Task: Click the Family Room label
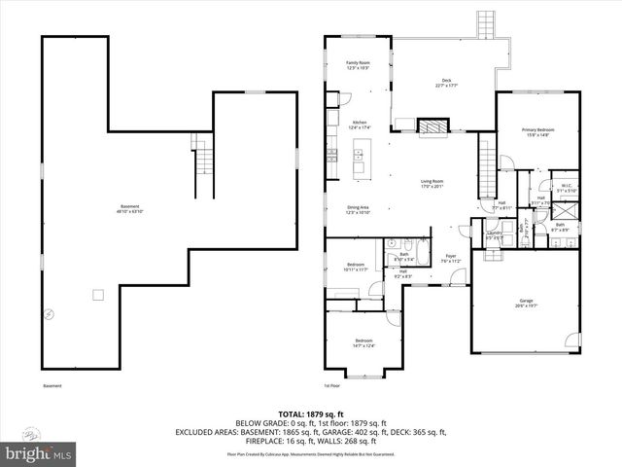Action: (358, 65)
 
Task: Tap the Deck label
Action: (446, 83)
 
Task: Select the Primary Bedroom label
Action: (537, 132)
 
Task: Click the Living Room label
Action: (432, 184)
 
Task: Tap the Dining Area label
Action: (359, 209)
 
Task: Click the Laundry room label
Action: (494, 234)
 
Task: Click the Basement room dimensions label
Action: (130, 208)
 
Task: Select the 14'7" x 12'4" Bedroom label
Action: (364, 342)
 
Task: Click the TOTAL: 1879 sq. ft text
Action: (310, 414)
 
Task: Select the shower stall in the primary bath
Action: (567, 208)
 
